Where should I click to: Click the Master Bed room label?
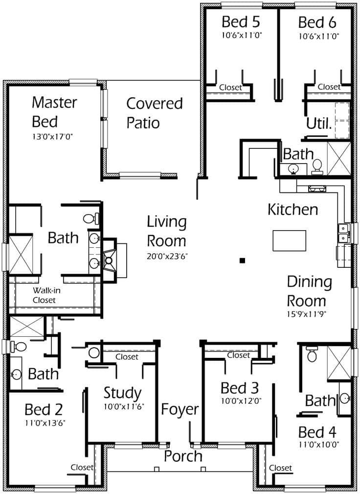54,112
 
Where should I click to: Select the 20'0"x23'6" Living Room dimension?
167,256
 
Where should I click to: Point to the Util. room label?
319,123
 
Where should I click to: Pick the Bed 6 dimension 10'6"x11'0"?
318,36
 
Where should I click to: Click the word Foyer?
180,409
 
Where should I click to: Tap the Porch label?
183,456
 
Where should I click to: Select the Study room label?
122,393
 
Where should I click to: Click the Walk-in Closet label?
44,295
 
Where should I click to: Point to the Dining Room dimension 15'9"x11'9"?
309,314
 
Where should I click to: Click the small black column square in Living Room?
242,261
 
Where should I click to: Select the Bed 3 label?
239,388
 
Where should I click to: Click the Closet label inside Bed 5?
230,87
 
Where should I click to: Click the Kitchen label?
292,210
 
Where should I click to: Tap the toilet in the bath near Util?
316,166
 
